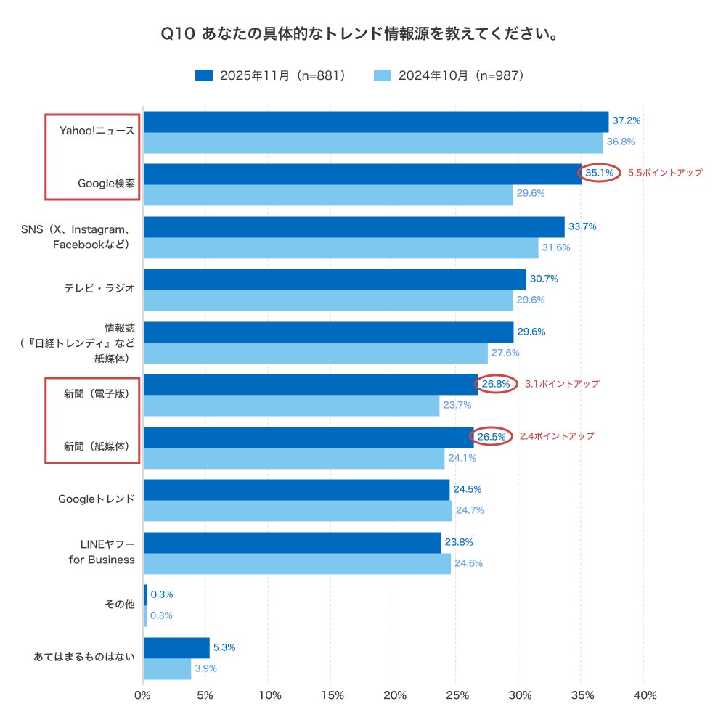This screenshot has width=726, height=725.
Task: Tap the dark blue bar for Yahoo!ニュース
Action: [x=375, y=121]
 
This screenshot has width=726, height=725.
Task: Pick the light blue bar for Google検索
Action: [x=328, y=194]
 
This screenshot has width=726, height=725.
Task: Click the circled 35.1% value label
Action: [x=600, y=173]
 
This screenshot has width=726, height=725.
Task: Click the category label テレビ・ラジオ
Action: [x=99, y=288]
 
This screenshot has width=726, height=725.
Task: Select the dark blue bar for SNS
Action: [x=354, y=226]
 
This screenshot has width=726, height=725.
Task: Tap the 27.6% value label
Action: [x=506, y=353]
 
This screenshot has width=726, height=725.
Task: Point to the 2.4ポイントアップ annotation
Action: [x=556, y=436]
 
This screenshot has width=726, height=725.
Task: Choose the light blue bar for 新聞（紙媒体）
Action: [x=293, y=458]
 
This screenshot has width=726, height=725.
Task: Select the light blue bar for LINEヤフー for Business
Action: [x=297, y=563]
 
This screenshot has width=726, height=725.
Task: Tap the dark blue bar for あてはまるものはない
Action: [x=176, y=647]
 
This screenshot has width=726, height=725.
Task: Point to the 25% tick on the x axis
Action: [x=456, y=695]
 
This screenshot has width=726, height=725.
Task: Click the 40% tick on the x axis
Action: [x=644, y=695]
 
